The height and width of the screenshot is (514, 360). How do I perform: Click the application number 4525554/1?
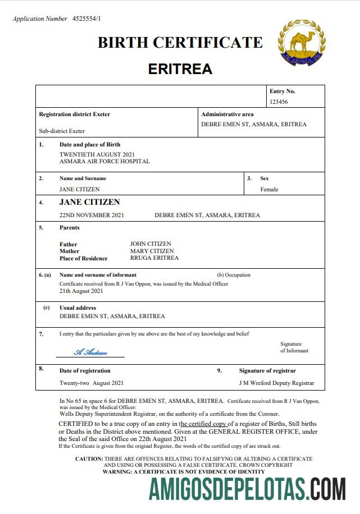tap(87, 19)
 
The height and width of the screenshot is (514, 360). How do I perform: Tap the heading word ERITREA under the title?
tap(180, 69)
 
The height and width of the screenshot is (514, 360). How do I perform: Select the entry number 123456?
tap(279, 102)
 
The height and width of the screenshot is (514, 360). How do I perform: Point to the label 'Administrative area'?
tap(227, 114)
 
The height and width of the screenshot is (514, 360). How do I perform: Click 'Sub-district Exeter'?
tap(62, 131)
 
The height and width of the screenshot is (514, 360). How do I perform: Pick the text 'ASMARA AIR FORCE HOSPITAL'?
tap(104, 162)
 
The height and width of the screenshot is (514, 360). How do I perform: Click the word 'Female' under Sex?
tap(269, 190)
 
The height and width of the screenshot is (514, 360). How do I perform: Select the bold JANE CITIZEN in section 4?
tap(89, 202)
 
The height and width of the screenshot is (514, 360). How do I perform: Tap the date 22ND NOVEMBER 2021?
tap(92, 215)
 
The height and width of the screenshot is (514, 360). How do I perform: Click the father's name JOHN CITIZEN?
tap(151, 244)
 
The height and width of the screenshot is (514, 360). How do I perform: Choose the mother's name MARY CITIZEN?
tap(152, 251)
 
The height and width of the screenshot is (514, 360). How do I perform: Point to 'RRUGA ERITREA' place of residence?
tap(154, 258)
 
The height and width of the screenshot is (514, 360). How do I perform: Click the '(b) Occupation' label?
tap(234, 275)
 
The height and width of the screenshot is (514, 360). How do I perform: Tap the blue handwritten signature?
tap(90, 352)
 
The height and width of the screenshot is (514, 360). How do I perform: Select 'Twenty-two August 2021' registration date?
tap(92, 383)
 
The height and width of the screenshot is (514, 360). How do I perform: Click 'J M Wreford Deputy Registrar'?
tap(276, 383)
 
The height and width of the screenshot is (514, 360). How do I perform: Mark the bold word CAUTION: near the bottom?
tap(89, 459)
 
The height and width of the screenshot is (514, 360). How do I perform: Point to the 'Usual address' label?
tap(78, 308)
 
